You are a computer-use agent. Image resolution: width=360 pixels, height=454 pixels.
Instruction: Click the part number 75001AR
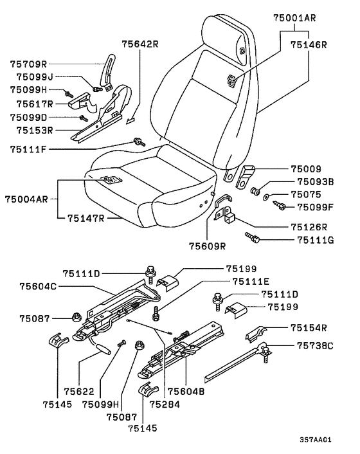tap(294, 18)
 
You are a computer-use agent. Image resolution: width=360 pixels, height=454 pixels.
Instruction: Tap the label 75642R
tap(140, 44)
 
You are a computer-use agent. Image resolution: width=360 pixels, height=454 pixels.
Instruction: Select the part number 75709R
tap(28, 64)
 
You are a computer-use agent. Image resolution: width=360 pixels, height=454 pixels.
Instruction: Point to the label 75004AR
tap(26, 199)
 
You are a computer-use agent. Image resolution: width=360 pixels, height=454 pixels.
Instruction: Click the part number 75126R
tap(309, 227)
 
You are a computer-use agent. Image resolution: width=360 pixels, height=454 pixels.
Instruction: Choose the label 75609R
tap(207, 246)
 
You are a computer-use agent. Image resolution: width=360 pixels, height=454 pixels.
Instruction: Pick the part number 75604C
tap(38, 286)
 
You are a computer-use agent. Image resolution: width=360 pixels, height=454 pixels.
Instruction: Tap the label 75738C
tap(315, 346)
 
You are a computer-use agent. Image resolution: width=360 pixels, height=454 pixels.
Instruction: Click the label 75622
tap(79, 392)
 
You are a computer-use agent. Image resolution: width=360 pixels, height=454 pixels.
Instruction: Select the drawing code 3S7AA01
tap(316, 439)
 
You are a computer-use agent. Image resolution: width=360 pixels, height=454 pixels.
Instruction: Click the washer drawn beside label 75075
tap(266, 197)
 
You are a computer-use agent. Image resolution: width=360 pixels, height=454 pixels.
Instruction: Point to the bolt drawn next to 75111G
tap(253, 237)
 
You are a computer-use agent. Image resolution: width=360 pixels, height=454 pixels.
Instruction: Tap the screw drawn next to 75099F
tap(279, 206)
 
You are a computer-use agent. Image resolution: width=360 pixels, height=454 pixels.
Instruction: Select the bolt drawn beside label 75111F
tap(139, 142)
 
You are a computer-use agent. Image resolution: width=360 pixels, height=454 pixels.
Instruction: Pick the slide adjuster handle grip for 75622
tap(104, 349)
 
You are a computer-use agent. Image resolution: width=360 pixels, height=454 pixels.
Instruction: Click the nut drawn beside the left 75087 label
tap(76, 317)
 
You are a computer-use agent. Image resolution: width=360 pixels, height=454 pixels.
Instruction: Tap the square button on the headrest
tap(242, 50)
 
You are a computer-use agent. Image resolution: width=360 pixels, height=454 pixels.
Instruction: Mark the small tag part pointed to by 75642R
tap(130, 120)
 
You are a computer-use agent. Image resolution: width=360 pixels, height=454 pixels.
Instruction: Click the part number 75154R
tap(309, 328)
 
